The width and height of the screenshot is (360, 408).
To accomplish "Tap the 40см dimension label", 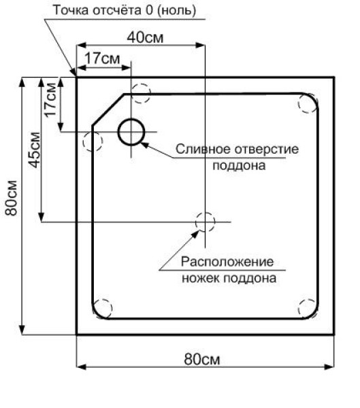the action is tap(145, 37).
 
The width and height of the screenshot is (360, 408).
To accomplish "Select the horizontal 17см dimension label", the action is tap(102, 58).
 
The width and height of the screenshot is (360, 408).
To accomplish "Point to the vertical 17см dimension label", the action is tap(50, 100).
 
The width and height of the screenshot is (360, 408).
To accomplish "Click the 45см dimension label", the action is tap(35, 150).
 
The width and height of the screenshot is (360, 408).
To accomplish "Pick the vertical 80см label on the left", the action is tap(11, 198).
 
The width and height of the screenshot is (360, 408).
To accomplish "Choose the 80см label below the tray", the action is tap(202, 359).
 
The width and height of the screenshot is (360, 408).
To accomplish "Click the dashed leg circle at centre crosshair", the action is tap(196, 222).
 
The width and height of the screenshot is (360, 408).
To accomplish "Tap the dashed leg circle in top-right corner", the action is tap(299, 103).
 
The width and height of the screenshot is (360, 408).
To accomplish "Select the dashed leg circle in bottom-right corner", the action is tap(299, 309).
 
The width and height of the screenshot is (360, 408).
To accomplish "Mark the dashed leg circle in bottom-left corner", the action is tap(112, 309).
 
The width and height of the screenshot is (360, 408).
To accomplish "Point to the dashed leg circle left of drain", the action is tap(83, 141).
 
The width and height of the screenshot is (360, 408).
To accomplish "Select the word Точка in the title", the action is tap(70, 11).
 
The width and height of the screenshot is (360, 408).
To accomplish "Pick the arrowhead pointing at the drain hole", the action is tap(144, 145).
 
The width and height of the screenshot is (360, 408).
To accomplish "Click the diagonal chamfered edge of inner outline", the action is tap(108, 109).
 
